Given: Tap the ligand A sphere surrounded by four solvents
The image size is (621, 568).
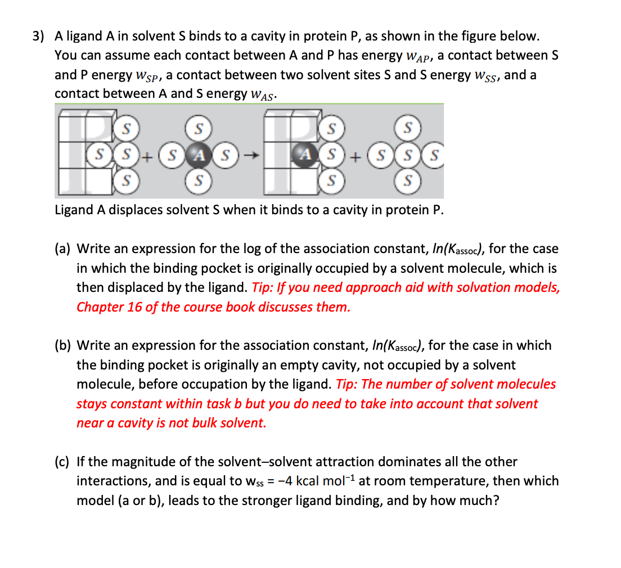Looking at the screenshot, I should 198,154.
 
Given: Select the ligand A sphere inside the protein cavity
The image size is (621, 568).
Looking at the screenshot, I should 305,154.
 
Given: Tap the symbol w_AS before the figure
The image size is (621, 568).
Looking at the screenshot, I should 261,95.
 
